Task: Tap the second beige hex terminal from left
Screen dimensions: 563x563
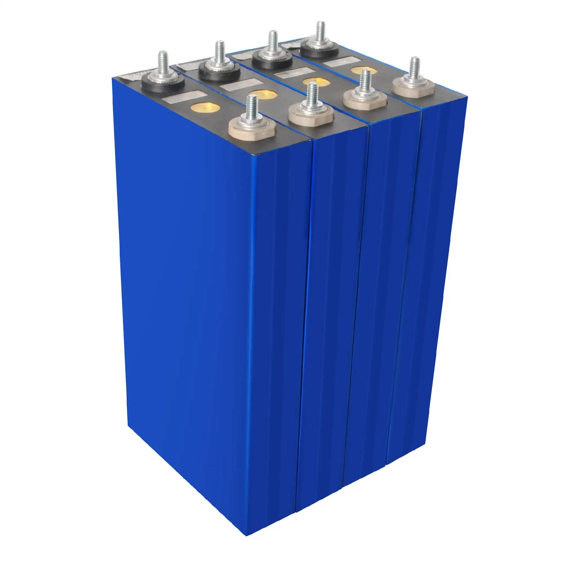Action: click(x=311, y=113)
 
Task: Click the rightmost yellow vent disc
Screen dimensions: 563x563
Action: click(x=364, y=70)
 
